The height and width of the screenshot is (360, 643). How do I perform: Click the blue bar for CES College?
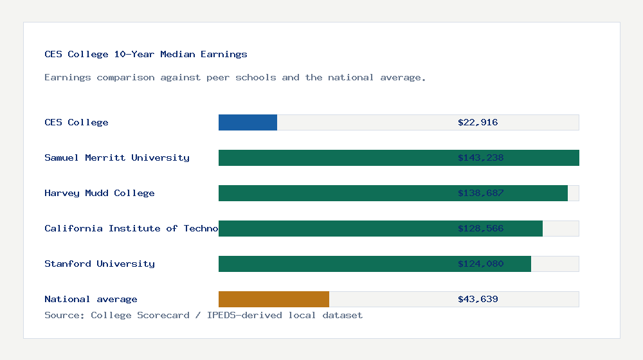248,122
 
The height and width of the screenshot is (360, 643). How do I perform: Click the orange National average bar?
274,299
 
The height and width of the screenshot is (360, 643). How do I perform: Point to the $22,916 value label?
478,122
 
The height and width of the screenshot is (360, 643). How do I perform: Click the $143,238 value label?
480,157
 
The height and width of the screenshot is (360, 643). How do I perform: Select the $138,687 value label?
480,193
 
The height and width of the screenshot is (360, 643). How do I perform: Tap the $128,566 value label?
480,228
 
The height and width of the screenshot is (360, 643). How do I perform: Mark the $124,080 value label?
480,264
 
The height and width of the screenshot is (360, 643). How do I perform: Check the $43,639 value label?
478,299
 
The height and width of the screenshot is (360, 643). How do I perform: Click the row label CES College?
77,122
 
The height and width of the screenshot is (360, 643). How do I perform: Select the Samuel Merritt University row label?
117,157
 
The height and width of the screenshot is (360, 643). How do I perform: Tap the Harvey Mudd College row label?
100,193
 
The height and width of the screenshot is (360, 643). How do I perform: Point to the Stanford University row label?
100,264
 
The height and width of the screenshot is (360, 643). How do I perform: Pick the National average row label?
91,299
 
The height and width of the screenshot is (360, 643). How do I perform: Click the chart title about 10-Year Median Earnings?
146,54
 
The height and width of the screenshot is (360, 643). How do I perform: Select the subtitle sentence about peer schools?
235,77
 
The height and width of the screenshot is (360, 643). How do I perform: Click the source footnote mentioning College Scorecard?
203,315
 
